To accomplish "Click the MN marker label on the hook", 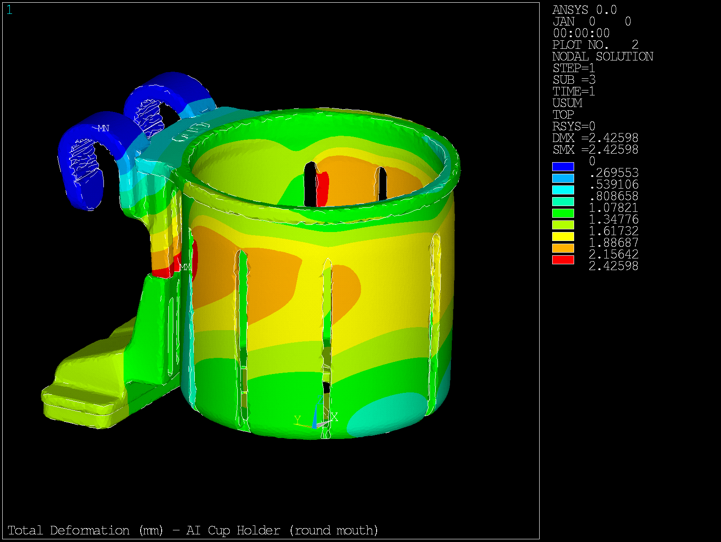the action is (103, 128).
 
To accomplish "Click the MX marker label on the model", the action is (185, 267).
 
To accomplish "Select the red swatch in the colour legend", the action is (563, 260).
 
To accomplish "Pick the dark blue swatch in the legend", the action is (563, 167).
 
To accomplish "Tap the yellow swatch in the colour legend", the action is (563, 237).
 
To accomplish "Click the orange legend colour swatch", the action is (563, 248).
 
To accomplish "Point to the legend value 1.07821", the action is (613, 207).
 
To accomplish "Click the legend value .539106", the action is (614, 184).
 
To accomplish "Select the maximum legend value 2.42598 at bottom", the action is (613, 266).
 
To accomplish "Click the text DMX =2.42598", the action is (595, 138).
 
